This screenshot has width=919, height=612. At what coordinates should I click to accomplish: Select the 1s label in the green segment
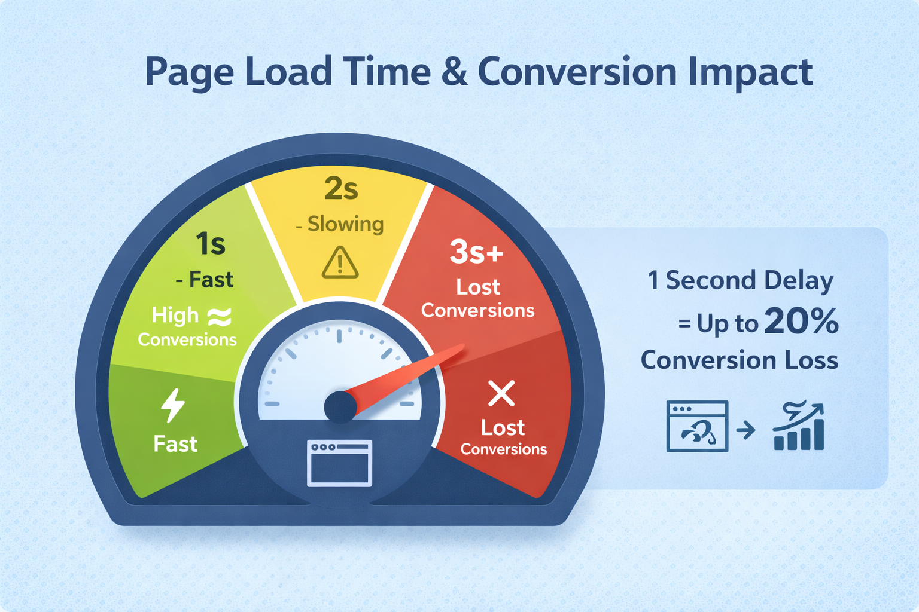pos(211,244)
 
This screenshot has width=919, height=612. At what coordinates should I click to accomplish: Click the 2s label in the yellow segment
pos(341,188)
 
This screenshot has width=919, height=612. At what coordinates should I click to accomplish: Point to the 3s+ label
pos(476,252)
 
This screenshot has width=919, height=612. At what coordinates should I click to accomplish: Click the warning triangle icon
pos(340,263)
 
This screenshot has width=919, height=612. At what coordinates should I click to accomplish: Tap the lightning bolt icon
pos(173,406)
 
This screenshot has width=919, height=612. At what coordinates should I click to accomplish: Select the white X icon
pos(501,393)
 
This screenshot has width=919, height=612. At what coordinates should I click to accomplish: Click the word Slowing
pos(345,224)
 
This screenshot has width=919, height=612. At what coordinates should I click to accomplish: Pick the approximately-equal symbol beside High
pos(219,317)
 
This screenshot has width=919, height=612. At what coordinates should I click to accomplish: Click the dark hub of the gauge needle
pos(340,407)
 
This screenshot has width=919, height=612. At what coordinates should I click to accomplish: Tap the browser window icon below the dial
pos(339,463)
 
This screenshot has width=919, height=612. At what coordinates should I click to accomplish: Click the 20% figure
pos(801,322)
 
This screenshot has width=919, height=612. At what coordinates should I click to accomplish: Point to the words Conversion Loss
pos(740,360)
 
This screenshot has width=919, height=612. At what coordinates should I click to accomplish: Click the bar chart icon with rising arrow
pos(799,427)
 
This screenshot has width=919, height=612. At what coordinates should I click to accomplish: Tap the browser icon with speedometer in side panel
pos(697,426)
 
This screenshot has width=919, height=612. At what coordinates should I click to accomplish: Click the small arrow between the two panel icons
pos(746,429)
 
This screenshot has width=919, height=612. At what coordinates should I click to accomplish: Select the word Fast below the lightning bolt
pos(175,444)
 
